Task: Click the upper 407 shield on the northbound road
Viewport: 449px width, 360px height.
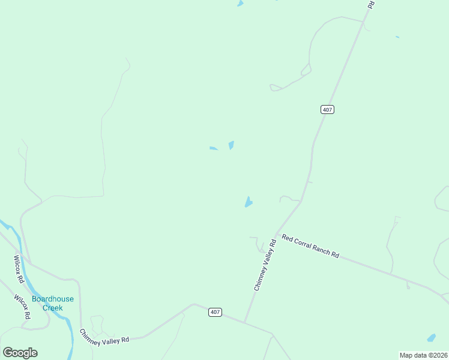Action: pos(327,109)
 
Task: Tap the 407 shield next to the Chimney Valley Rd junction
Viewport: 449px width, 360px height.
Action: pos(216,312)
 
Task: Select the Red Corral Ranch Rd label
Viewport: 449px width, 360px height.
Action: pos(310,247)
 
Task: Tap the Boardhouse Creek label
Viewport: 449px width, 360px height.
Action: pos(47,303)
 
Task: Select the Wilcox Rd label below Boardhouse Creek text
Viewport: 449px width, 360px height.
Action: pos(23,307)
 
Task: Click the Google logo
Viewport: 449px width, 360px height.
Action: pos(20,353)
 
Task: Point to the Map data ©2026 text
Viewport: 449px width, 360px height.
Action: pos(423,355)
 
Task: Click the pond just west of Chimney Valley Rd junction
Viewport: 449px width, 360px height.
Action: pos(248,202)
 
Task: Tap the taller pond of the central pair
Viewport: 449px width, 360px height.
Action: pos(231,145)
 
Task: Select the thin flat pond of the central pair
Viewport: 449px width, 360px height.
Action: pos(213,148)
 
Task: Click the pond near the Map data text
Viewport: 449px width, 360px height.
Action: pos(431,338)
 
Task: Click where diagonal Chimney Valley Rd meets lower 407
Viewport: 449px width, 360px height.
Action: pos(244,322)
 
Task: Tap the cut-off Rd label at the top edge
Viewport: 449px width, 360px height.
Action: pos(371,4)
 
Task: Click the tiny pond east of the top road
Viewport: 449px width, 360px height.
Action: pos(397,37)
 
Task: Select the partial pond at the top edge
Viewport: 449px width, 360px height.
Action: pos(240,3)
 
